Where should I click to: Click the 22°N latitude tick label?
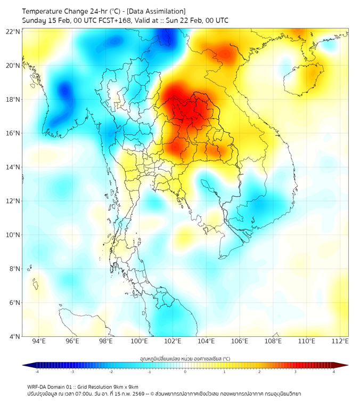point(13,32)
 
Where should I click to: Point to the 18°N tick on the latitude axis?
point(13,100)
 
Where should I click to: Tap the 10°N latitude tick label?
point(13,235)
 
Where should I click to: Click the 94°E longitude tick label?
point(39,341)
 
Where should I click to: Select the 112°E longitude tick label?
point(340,341)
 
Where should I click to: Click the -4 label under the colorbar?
point(37,372)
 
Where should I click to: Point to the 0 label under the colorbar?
point(185,372)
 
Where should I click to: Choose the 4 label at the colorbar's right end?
point(333,372)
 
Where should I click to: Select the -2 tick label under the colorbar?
point(111,372)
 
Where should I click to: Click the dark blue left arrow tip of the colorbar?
point(24,365)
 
